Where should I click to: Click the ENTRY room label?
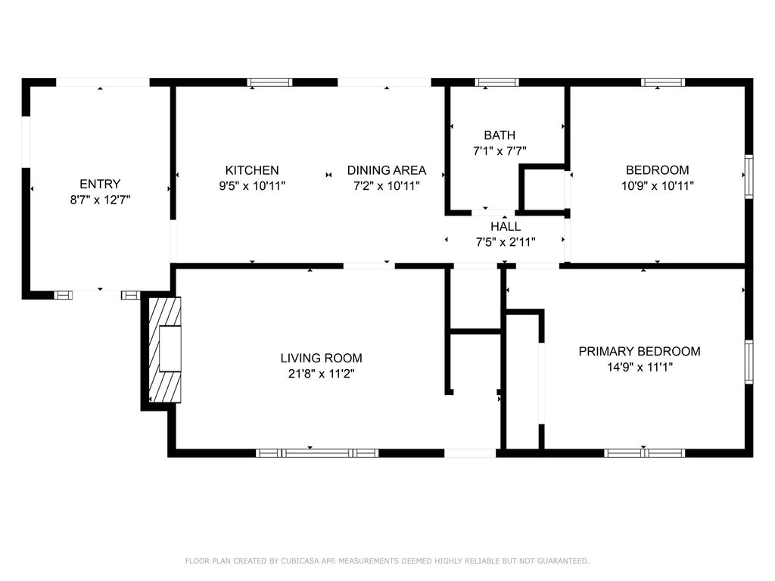pyautogui.click(x=100, y=185)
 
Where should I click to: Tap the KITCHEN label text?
pyautogui.click(x=252, y=170)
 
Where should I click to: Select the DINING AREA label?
pyautogui.click(x=387, y=170)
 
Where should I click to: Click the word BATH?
pyautogui.click(x=500, y=135)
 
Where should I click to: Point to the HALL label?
pyautogui.click(x=506, y=227)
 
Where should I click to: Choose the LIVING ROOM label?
pyautogui.click(x=321, y=358)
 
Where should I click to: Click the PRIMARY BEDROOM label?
pyautogui.click(x=640, y=351)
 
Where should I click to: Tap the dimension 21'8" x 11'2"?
pyautogui.click(x=321, y=374)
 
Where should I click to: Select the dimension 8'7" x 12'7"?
pyautogui.click(x=100, y=200)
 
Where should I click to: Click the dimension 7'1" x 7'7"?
pyautogui.click(x=500, y=151)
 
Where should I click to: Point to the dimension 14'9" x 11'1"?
pyautogui.click(x=640, y=367)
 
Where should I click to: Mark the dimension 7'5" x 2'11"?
pyautogui.click(x=506, y=242)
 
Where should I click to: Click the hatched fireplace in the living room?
pyautogui.click(x=165, y=350)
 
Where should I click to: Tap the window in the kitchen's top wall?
pyautogui.click(x=270, y=82)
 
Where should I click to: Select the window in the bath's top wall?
pyautogui.click(x=497, y=82)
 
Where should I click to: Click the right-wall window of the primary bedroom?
pyautogui.click(x=749, y=362)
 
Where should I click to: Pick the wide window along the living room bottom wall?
pyautogui.click(x=317, y=453)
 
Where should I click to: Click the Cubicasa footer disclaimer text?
pyautogui.click(x=387, y=561)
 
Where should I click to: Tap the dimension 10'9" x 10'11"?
pyautogui.click(x=658, y=186)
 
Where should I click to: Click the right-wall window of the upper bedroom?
pyautogui.click(x=749, y=176)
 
